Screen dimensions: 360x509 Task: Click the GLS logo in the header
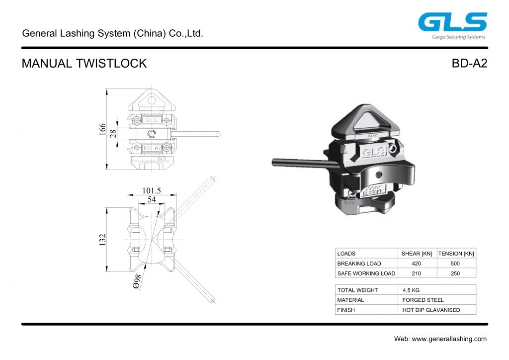(452, 23)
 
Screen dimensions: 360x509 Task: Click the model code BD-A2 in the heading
(469, 64)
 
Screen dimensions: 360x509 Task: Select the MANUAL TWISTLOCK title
(84, 64)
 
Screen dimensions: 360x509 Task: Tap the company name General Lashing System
(113, 34)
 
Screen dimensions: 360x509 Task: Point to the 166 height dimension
(102, 129)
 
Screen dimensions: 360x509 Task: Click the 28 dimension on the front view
(113, 133)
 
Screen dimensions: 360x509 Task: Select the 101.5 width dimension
(152, 190)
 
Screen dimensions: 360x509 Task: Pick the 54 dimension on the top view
(152, 199)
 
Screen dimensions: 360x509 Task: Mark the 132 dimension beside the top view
(102, 240)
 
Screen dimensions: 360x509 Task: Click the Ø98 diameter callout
(138, 282)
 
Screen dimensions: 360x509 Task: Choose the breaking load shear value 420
(417, 264)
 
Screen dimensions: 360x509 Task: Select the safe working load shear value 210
(417, 273)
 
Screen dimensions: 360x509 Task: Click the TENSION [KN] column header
(456, 254)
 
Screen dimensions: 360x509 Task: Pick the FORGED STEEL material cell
(423, 300)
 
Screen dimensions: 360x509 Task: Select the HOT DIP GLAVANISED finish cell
(431, 310)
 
